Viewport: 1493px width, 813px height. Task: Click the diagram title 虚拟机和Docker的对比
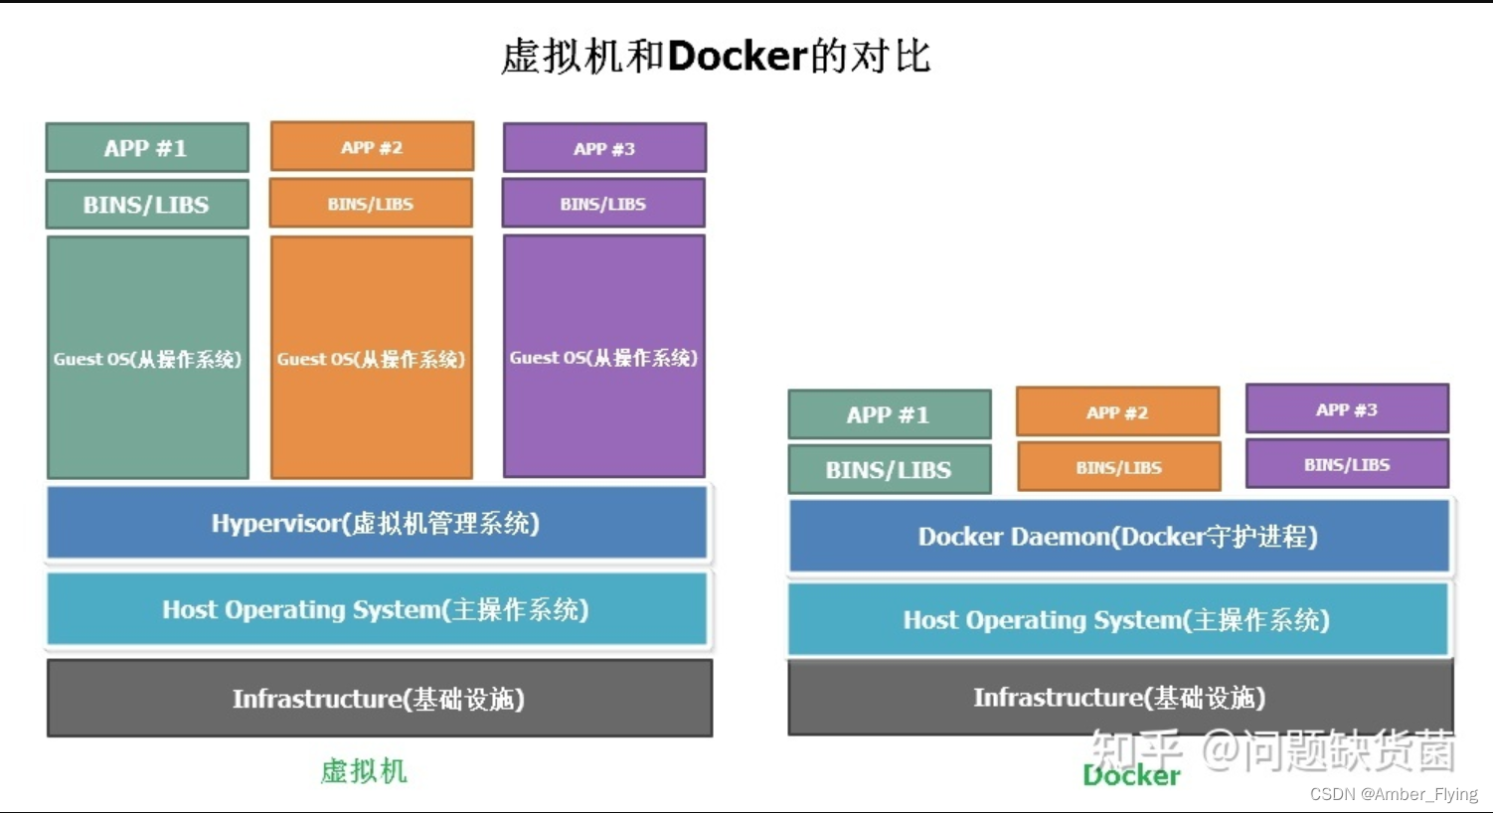716,56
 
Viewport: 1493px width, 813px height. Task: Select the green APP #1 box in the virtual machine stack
147,148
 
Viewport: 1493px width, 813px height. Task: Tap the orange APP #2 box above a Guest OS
372,147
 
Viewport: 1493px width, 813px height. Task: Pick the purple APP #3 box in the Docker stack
1347,408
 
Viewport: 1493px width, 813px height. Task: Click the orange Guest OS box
372,358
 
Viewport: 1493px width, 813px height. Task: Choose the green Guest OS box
148,358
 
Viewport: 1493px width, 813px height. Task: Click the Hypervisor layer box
377,523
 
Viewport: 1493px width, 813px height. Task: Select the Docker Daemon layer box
1118,537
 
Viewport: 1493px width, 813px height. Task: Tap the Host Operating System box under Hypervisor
377,609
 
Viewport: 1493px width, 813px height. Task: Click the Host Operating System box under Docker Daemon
1118,620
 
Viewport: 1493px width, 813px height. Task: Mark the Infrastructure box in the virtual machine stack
379,699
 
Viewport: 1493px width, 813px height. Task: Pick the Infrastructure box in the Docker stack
1120,698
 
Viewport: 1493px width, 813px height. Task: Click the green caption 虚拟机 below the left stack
364,771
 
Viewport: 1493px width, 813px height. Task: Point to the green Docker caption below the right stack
1131,776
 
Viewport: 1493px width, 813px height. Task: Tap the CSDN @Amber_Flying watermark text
1394,794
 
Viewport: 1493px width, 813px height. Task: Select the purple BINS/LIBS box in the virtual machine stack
603,204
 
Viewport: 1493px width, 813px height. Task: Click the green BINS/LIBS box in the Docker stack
889,470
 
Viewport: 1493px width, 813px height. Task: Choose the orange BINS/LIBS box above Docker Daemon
1118,467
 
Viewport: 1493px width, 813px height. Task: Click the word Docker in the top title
737,56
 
